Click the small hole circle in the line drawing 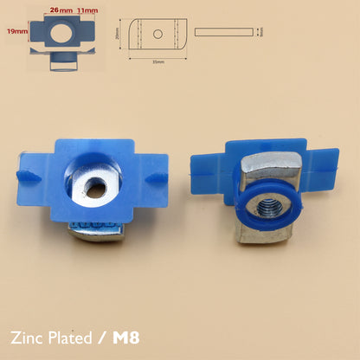point(158,34)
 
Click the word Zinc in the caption point(33,336)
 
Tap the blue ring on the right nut point(258,209)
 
